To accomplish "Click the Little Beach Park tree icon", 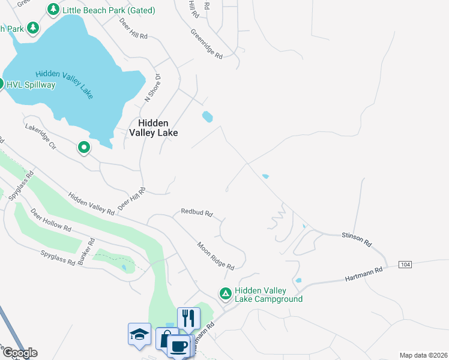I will click(x=53, y=10).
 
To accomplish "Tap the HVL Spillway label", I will click(x=31, y=85).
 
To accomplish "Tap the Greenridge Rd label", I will click(x=207, y=44).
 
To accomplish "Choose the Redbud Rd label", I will click(x=197, y=213).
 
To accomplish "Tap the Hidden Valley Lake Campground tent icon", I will click(x=225, y=293).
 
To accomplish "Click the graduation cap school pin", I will click(x=139, y=334).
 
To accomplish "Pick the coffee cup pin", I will click(x=178, y=346).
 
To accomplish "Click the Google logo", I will click(x=19, y=353).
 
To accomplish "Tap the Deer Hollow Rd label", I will click(x=51, y=221).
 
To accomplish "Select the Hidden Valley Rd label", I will click(x=91, y=203).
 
